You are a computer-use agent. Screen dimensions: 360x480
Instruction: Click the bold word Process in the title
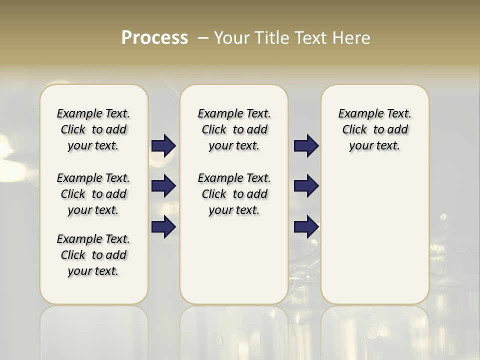coord(154,38)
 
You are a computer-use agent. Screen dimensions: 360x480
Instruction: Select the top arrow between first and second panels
coord(163,145)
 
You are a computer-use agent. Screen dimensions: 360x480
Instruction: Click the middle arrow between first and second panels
coord(163,186)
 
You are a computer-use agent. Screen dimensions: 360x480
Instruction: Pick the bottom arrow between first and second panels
coord(163,227)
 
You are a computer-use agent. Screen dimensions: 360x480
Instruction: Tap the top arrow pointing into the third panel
coord(306,145)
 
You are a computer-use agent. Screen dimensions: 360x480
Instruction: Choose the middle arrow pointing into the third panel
coord(306,186)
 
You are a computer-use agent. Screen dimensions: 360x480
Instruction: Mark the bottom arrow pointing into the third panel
coord(306,227)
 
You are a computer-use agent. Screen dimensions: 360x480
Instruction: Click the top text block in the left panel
coord(93,129)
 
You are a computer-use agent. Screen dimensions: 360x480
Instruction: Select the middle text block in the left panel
coord(93,194)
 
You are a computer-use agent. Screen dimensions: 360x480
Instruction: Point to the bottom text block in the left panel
coord(93,255)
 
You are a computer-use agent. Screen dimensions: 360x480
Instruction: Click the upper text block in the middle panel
coord(234,129)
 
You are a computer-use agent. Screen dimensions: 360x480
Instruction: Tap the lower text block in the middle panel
coord(234,194)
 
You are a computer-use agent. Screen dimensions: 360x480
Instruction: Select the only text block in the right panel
coord(374,129)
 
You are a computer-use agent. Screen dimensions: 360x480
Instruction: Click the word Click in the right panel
coord(354,129)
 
